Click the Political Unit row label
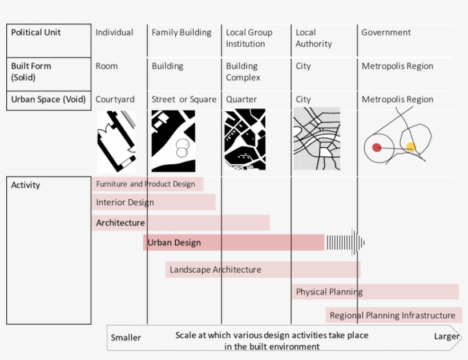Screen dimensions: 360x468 tap(36, 33)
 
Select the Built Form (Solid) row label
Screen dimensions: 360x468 tap(31, 71)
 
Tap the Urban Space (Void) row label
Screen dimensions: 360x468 tap(49, 99)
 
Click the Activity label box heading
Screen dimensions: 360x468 tap(26, 185)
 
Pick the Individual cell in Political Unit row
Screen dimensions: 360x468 tap(114, 33)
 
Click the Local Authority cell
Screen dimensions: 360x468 tap(313, 38)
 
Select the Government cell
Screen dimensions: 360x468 tap(386, 33)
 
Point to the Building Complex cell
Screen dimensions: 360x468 tap(243, 71)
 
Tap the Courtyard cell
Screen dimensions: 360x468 tap(115, 99)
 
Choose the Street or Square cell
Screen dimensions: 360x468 tap(184, 99)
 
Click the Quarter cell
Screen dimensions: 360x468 tap(241, 99)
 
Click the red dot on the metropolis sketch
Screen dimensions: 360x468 tap(377, 147)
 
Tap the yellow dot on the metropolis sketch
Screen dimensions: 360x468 tap(411, 147)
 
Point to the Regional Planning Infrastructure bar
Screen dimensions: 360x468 tap(393, 315)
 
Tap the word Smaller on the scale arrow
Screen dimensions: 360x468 tap(126, 337)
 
